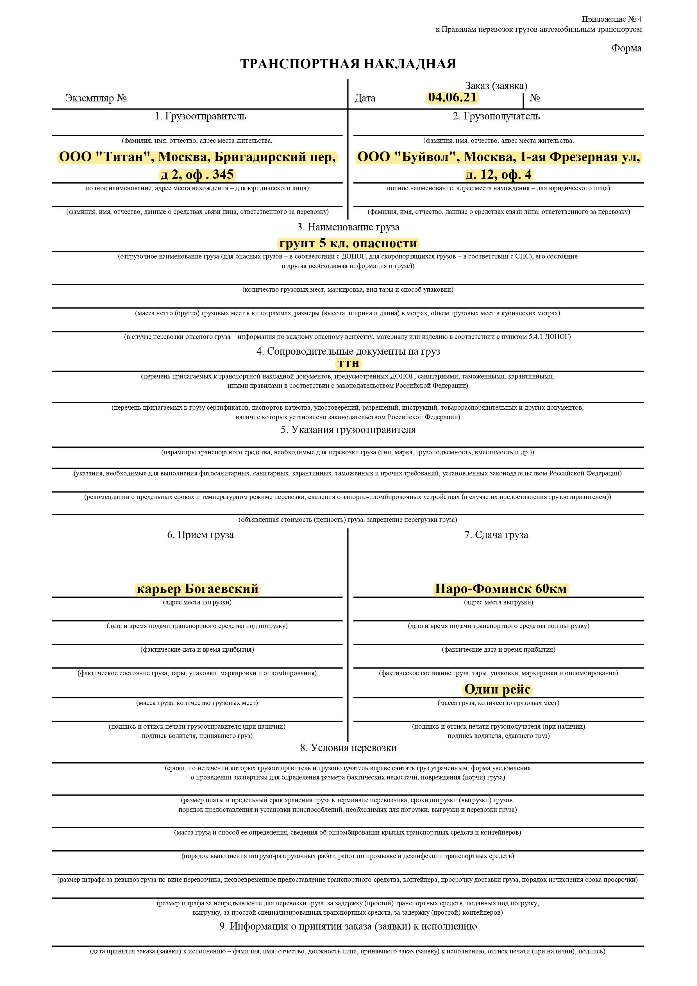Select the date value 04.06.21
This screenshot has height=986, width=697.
(452, 98)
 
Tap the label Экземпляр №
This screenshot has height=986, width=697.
(96, 98)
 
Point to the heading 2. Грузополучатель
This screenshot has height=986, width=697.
(496, 116)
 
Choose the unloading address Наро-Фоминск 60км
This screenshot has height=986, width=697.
(501, 588)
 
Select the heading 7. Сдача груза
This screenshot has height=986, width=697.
(496, 535)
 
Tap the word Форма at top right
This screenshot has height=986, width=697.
(626, 48)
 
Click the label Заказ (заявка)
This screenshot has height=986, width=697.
(496, 86)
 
